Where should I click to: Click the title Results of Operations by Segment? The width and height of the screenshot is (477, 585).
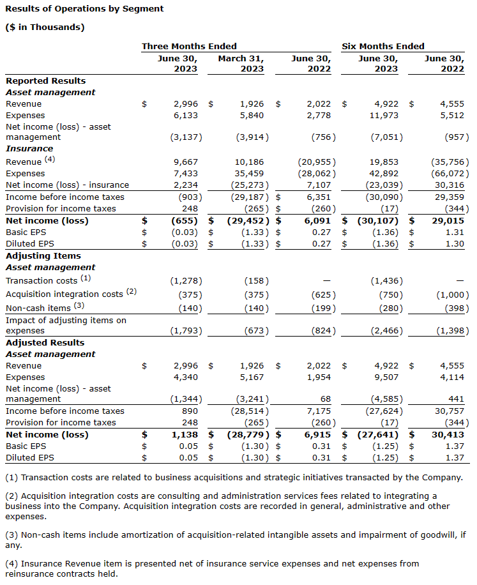pos(84,9)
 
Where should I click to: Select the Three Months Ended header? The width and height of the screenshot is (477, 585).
pos(189,46)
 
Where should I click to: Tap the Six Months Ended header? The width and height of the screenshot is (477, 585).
pos(383,46)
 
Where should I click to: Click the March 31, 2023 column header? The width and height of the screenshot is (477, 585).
pos(241,63)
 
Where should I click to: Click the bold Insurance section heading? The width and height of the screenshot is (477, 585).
pos(29,148)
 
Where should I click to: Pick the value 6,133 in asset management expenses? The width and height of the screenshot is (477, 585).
pos(186,116)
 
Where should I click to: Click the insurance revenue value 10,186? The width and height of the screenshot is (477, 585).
pos(249,162)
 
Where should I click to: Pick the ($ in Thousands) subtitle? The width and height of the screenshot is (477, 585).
pos(45,27)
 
